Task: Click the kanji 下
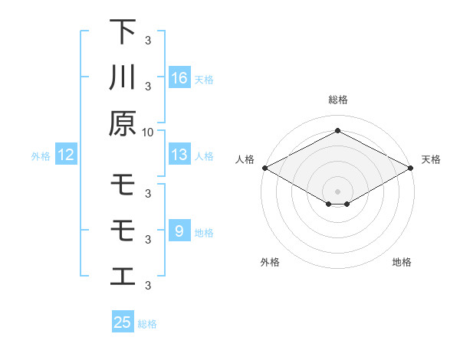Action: (123, 32)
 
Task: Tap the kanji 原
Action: (123, 123)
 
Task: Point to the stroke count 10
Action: (148, 132)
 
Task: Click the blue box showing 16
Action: (179, 77)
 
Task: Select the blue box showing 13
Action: (179, 155)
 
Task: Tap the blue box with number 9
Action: (179, 231)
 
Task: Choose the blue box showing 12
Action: (66, 155)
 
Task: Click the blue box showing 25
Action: (123, 322)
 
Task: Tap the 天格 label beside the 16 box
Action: (204, 79)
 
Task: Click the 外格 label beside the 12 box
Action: (41, 156)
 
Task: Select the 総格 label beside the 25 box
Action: (147, 324)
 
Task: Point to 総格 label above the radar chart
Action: (337, 100)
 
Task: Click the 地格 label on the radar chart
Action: (402, 263)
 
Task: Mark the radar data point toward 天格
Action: (412, 168)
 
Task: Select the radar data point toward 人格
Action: (264, 168)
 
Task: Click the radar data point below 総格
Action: (337, 131)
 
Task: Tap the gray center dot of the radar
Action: (337, 191)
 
